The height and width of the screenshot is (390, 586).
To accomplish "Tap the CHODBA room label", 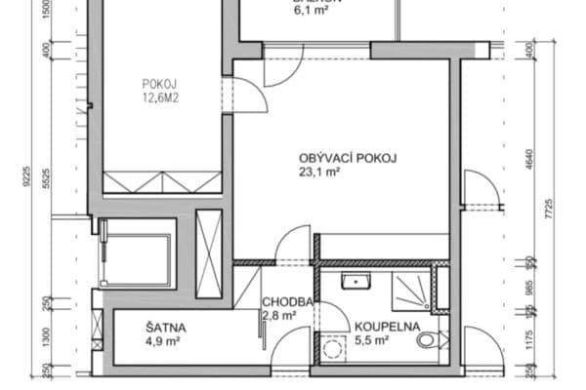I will pyautogui.click(x=287, y=302).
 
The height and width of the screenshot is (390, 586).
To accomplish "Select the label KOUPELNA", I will pyautogui.click(x=387, y=328).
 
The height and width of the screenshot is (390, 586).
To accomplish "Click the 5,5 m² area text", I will pyautogui.click(x=372, y=341).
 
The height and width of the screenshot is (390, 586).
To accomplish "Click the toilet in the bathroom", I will pyautogui.click(x=430, y=340).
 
